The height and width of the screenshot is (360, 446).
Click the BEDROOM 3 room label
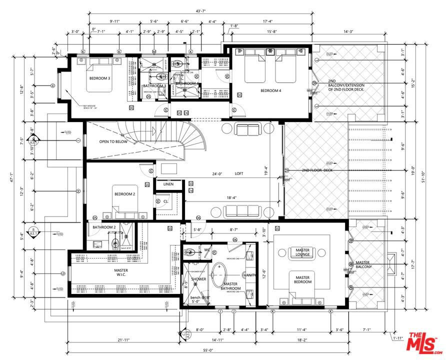pos(100,78)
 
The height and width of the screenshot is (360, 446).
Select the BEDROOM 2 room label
pos(125,194)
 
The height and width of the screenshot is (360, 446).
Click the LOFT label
pos(239,174)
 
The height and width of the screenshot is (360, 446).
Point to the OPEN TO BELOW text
pos(113,141)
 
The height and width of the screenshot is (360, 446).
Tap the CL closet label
pos(165,201)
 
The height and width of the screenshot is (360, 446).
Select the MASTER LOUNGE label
pos(302,252)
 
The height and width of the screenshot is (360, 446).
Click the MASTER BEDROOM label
pos(302,280)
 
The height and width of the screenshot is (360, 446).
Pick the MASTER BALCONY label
pos(367,264)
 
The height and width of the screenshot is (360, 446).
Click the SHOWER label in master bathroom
pos(198,279)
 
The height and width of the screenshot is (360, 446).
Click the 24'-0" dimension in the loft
pos(216,174)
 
